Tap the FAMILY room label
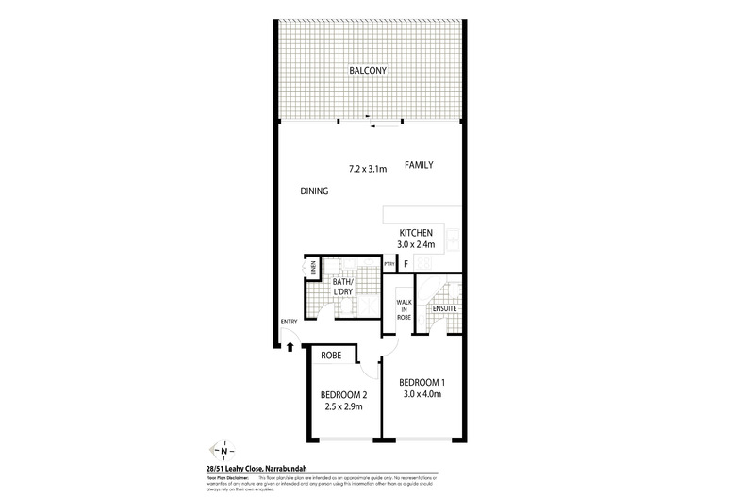tap(419, 165)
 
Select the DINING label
tap(314, 191)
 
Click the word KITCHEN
tap(415, 232)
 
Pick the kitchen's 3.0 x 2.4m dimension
tap(415, 245)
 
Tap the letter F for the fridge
tap(406, 265)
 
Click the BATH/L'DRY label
tap(342, 288)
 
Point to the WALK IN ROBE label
tap(402, 310)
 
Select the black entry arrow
tap(290, 345)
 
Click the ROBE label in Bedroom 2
tap(331, 356)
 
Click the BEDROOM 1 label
tap(422, 381)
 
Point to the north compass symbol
tap(223, 451)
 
